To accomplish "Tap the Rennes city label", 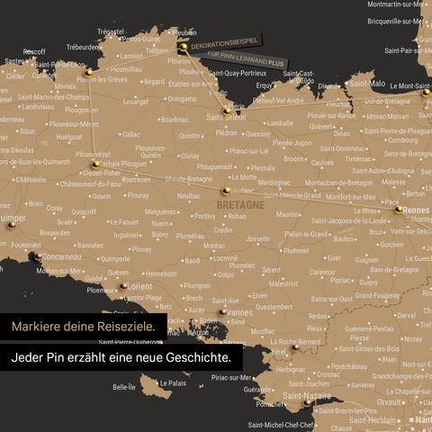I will (x=418, y=211).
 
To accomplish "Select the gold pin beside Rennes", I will (x=399, y=210).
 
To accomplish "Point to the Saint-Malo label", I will (x=366, y=84).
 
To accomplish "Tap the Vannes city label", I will (x=240, y=311).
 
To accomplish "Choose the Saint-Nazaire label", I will (x=307, y=395).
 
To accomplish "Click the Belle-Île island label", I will (x=124, y=387).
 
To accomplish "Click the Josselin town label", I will (x=258, y=239).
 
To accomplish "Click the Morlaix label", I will (x=65, y=86).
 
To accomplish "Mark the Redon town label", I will (x=318, y=317).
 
